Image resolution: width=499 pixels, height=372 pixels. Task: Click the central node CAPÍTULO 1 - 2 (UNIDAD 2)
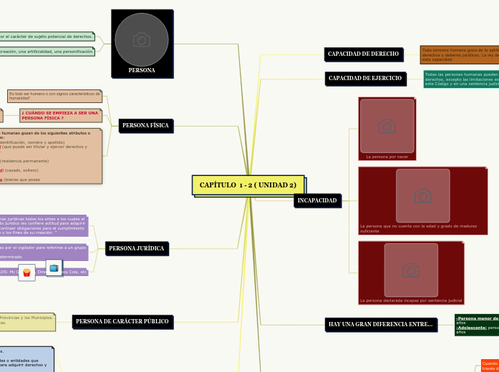[x=248, y=185]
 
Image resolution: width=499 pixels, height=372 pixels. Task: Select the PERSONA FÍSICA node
[x=145, y=125]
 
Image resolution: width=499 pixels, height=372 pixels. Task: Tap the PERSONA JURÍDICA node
[x=137, y=248]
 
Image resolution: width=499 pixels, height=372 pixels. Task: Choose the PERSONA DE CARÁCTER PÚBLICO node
[x=122, y=321]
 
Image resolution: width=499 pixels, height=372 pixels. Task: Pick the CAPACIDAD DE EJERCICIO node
[x=364, y=78]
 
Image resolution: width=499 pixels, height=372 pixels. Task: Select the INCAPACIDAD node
[x=317, y=200]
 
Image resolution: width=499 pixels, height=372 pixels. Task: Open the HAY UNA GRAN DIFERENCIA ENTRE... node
[x=380, y=324]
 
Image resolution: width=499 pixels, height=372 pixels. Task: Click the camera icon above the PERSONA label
[x=142, y=39]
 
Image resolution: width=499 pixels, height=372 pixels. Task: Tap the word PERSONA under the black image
[x=142, y=70]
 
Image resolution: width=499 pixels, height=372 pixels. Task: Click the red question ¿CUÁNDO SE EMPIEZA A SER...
[x=60, y=115]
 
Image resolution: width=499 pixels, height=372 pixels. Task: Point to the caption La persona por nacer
[x=387, y=156]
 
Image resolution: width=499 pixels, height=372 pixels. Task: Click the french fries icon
[x=26, y=273]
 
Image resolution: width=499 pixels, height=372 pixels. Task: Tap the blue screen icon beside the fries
[x=54, y=268]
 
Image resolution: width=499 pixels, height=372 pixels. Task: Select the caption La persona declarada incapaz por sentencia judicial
[x=411, y=300]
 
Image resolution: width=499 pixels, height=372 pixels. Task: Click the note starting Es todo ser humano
[x=54, y=96]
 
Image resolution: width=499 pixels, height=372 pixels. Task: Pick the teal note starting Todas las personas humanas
[x=460, y=79]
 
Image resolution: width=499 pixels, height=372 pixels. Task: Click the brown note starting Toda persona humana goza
[x=459, y=54]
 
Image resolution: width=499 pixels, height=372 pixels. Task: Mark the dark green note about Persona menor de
[x=476, y=325]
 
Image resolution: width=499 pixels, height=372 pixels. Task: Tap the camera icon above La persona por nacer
[x=387, y=126]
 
